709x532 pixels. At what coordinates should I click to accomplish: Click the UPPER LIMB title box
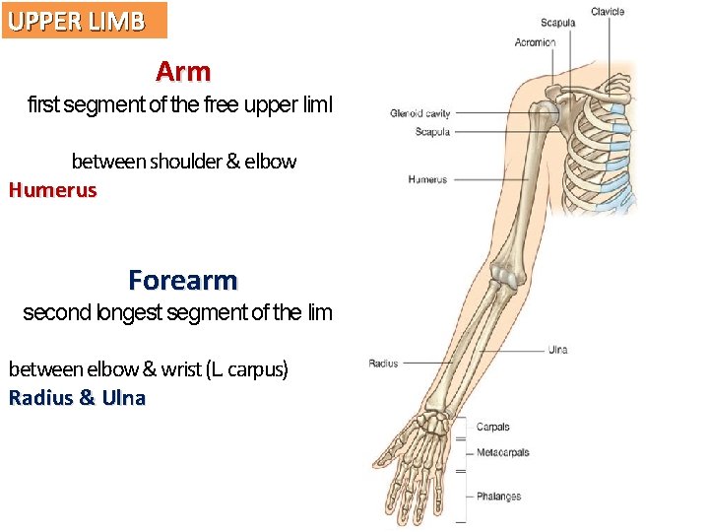tap(84, 20)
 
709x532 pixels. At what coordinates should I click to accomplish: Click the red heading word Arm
tap(183, 72)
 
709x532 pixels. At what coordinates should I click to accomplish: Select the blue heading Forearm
tap(183, 281)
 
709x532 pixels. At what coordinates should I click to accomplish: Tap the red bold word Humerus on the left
tap(53, 190)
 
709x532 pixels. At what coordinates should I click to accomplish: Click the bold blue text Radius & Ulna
tap(77, 398)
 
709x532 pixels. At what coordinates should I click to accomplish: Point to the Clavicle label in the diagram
tap(608, 12)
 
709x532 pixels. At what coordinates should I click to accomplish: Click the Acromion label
tap(535, 42)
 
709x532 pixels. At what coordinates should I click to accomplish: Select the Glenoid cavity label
tap(419, 113)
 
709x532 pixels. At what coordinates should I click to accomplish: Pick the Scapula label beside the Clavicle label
tap(557, 23)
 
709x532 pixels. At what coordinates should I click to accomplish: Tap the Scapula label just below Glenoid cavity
tap(432, 132)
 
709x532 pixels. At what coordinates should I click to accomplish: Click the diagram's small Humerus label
tap(427, 180)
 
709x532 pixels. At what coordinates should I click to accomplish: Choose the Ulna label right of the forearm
tap(557, 350)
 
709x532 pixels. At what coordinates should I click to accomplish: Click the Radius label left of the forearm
tap(383, 364)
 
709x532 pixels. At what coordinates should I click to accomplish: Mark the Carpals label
tap(492, 428)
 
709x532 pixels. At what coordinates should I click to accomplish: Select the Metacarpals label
tap(502, 453)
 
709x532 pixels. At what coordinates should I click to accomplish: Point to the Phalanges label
tap(498, 497)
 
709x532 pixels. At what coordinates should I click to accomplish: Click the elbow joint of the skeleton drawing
tap(504, 276)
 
